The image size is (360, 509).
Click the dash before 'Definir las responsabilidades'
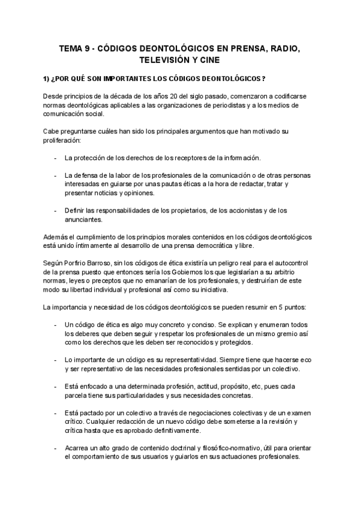[55, 210]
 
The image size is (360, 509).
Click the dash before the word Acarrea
[55, 448]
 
